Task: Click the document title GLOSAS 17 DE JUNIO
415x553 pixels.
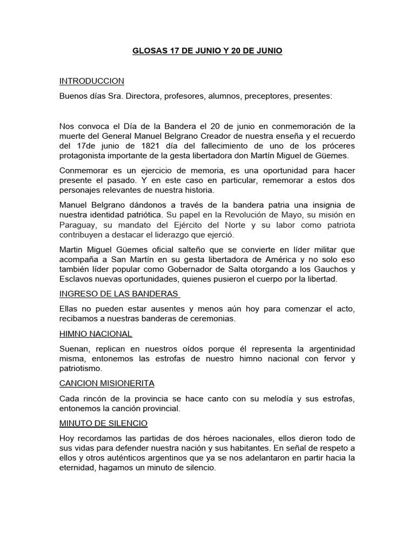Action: [207, 51]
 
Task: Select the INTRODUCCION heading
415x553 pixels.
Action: [91, 81]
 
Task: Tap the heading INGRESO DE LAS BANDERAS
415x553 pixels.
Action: [119, 294]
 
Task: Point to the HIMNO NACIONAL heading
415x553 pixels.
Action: [96, 334]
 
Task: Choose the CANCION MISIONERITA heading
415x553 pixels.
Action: [107, 383]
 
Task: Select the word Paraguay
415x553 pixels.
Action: [78, 225]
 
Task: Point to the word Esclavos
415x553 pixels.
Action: [77, 279]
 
